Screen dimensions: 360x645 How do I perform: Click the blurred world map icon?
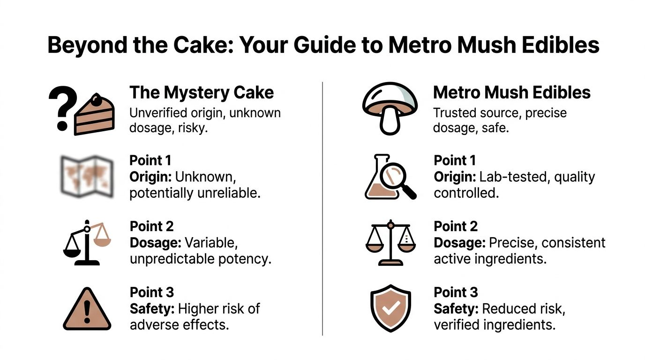click(87, 177)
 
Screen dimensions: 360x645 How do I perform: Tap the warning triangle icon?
click(87, 309)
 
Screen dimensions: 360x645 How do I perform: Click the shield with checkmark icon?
click(390, 308)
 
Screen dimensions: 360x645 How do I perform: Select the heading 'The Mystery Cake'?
click(201, 92)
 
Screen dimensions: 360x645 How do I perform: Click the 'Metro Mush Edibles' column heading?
click(511, 92)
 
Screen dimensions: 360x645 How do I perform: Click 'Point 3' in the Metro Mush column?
click(456, 292)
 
